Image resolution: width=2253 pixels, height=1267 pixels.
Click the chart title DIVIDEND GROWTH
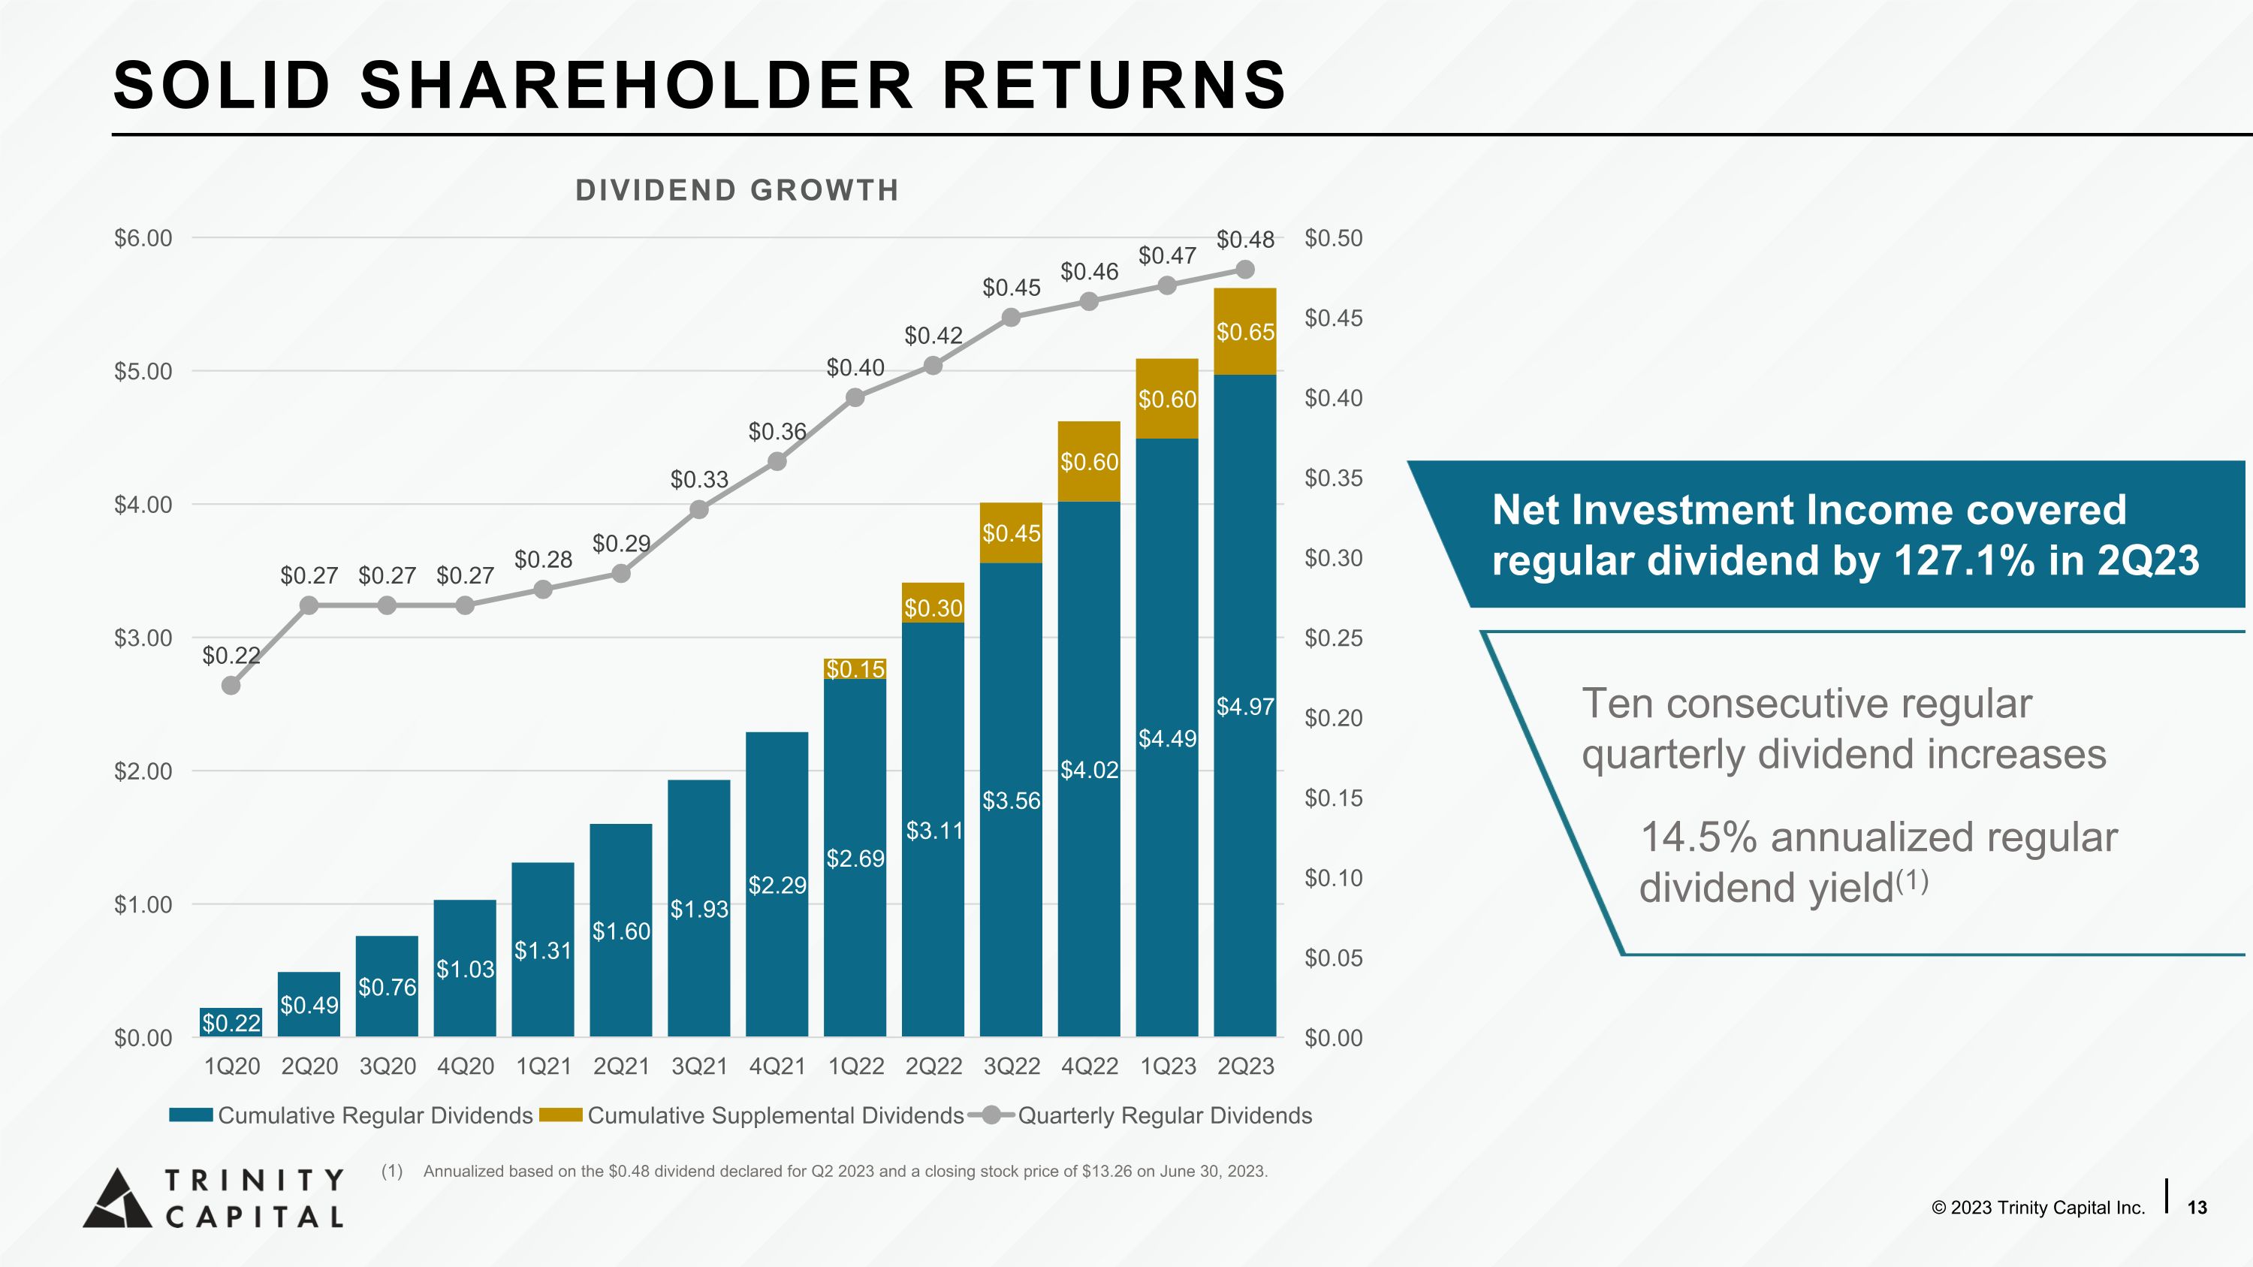tap(737, 190)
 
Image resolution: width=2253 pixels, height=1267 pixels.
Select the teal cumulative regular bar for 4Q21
tap(777, 884)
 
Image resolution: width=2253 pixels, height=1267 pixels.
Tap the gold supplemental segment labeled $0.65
tap(1245, 331)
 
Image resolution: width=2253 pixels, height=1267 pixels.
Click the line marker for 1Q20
tap(231, 686)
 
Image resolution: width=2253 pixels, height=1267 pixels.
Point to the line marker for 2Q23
tap(1245, 270)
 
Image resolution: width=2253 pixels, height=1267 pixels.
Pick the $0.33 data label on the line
tap(699, 479)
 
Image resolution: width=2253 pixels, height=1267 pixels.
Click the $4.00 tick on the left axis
tap(143, 505)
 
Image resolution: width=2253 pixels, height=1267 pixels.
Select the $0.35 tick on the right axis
tap(1334, 478)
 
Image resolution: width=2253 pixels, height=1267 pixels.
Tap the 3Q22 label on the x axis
tap(1012, 1066)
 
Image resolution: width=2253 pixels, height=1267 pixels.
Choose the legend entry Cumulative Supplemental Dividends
tap(753, 1116)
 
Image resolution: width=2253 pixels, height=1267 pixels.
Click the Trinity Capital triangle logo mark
tap(117, 1198)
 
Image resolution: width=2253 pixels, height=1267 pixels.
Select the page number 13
tap(2197, 1208)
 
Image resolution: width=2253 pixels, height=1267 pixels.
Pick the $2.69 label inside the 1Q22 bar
tap(855, 858)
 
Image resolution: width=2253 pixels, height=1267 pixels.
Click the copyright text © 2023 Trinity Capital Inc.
tap(2038, 1208)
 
